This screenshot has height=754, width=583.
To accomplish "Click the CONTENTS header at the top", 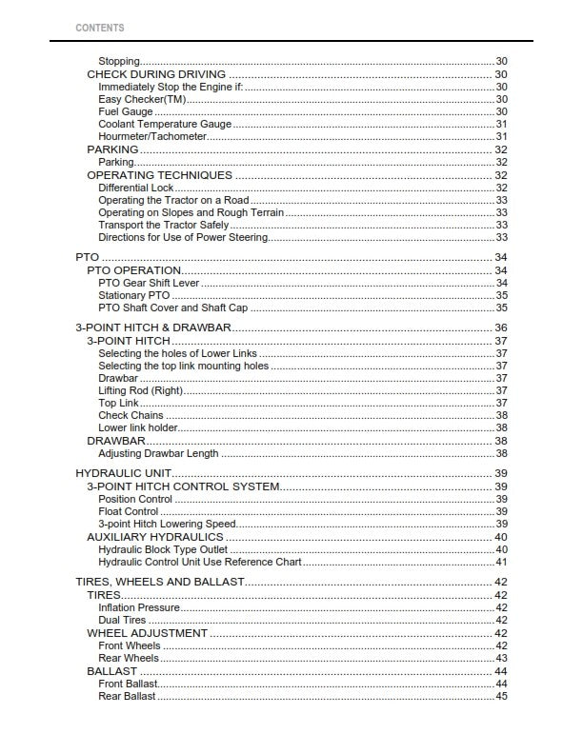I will pyautogui.click(x=99, y=28).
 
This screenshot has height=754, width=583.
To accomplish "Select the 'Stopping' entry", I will pyautogui.click(x=119, y=62).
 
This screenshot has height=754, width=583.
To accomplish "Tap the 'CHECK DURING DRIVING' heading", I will pyautogui.click(x=156, y=74).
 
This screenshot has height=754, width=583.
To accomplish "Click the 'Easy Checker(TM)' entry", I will pyautogui.click(x=142, y=99).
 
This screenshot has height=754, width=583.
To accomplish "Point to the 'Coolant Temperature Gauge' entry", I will pyautogui.click(x=165, y=125).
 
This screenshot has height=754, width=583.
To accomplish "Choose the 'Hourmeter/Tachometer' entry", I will pyautogui.click(x=152, y=137).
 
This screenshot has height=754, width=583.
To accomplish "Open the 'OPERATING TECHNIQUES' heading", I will pyautogui.click(x=159, y=175).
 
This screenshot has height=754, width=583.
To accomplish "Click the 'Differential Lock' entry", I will pyautogui.click(x=136, y=188).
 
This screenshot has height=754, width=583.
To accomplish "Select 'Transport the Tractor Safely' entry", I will pyautogui.click(x=164, y=226).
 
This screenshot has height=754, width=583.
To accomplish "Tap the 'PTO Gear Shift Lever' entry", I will pyautogui.click(x=149, y=284).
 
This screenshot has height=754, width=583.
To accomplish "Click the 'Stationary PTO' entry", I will pyautogui.click(x=133, y=296).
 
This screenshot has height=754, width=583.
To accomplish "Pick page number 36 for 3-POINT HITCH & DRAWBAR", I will pyautogui.click(x=500, y=328).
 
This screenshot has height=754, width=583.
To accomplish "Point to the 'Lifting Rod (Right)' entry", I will pyautogui.click(x=140, y=391).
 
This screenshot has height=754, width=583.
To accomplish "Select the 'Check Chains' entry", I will pyautogui.click(x=127, y=416).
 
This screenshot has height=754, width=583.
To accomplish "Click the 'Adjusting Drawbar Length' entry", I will pyautogui.click(x=158, y=454).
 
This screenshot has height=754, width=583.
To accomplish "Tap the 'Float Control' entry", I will pyautogui.click(x=129, y=511).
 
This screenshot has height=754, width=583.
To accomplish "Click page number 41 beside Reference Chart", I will pyautogui.click(x=501, y=563).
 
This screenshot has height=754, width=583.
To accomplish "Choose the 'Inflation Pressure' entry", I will pyautogui.click(x=138, y=607).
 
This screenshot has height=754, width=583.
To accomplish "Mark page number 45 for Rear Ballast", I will pyautogui.click(x=501, y=697).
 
